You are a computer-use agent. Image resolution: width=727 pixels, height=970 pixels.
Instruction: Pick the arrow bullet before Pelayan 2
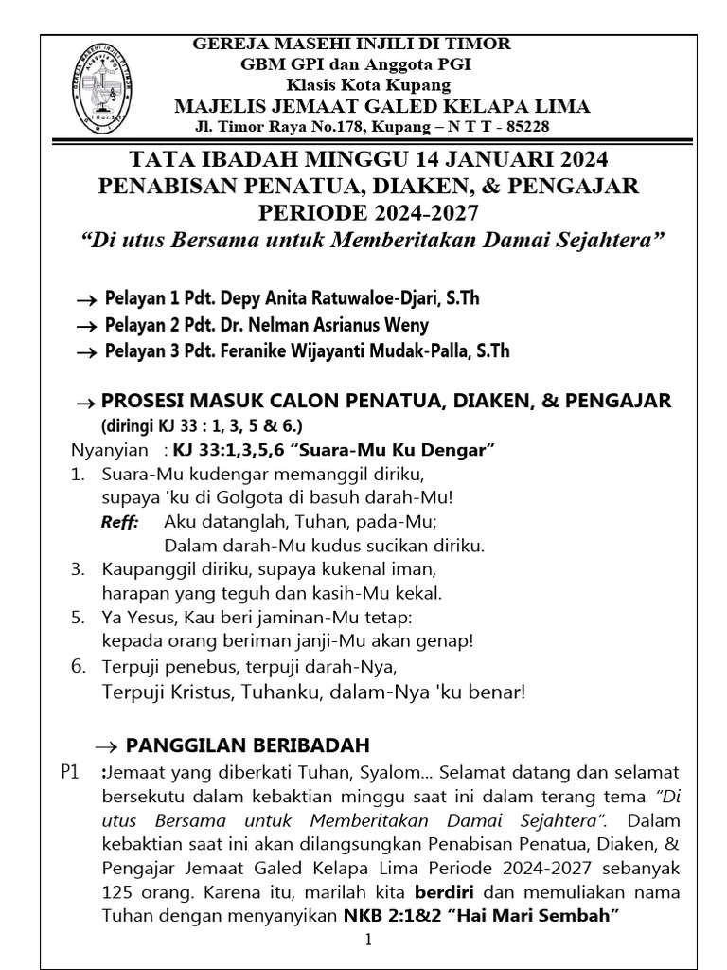[87, 326]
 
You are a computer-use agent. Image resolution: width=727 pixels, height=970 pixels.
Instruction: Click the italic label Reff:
[120, 522]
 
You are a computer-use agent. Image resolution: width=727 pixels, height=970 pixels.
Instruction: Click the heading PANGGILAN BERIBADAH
[248, 745]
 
